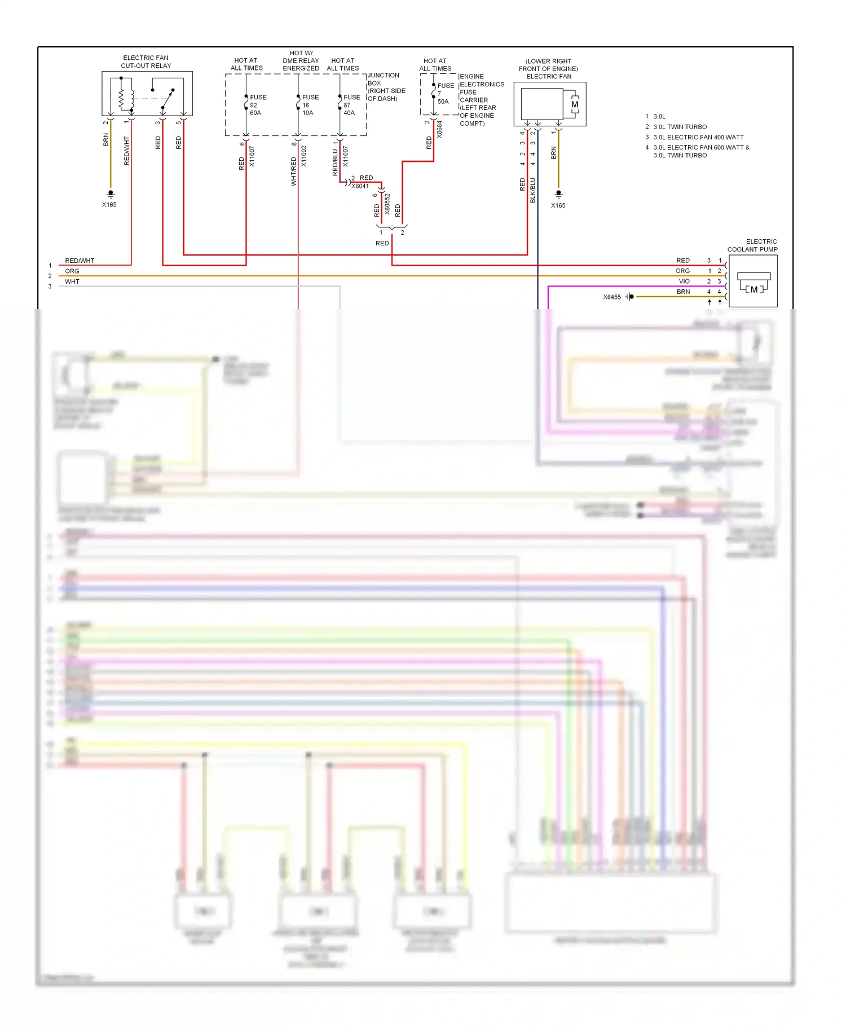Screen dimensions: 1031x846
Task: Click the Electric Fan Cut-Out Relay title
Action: (x=146, y=61)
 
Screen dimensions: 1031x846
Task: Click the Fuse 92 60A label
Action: (x=257, y=105)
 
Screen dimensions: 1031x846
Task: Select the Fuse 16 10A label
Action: (x=309, y=105)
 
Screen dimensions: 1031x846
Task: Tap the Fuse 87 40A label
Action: (x=351, y=105)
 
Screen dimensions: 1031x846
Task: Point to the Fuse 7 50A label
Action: (x=444, y=94)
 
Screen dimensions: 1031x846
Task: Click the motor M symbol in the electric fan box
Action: (x=575, y=104)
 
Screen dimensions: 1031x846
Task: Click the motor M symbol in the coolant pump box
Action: (x=754, y=289)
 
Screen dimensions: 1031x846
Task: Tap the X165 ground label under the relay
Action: (x=109, y=205)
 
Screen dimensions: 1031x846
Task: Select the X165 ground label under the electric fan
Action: (x=558, y=205)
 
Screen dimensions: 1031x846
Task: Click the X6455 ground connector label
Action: (x=611, y=297)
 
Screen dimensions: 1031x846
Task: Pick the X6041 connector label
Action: (x=360, y=186)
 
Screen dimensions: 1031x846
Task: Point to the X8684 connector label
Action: (x=439, y=129)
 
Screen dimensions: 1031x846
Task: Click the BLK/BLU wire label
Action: (x=532, y=190)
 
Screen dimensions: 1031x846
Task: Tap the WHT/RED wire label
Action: (x=293, y=171)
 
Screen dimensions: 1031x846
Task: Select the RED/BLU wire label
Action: (x=335, y=162)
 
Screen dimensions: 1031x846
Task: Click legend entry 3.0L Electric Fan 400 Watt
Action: (x=698, y=137)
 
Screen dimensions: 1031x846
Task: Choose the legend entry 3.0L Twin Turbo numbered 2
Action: (x=680, y=127)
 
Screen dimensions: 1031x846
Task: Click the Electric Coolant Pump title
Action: (x=752, y=245)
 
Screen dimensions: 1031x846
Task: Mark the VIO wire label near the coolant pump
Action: (x=684, y=281)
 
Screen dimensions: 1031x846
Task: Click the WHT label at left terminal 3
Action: (x=72, y=281)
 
